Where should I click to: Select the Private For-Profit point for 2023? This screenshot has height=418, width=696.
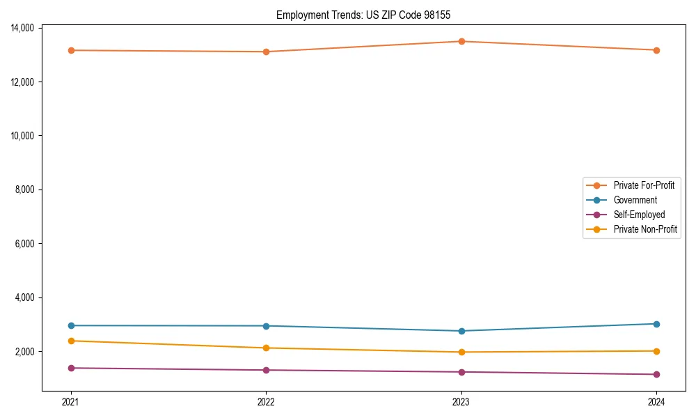[461, 41]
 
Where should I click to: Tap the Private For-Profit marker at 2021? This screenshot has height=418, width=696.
[70, 50]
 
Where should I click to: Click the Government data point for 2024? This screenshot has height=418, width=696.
[656, 324]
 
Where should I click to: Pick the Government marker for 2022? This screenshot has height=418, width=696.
[266, 326]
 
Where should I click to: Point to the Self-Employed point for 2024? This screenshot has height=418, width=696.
[656, 375]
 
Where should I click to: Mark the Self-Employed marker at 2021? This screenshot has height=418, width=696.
[70, 368]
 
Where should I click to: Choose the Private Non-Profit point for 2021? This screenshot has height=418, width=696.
[70, 341]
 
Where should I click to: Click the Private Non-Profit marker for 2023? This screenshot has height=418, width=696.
[461, 352]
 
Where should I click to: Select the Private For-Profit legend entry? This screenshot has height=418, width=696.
[643, 185]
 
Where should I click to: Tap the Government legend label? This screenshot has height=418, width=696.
[635, 200]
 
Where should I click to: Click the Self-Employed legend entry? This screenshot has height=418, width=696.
[639, 215]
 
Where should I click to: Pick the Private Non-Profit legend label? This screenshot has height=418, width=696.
[645, 229]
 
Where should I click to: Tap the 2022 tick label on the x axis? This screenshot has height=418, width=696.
[266, 402]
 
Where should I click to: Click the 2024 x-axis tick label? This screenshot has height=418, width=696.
[656, 402]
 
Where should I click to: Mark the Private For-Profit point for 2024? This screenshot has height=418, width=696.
[656, 50]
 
